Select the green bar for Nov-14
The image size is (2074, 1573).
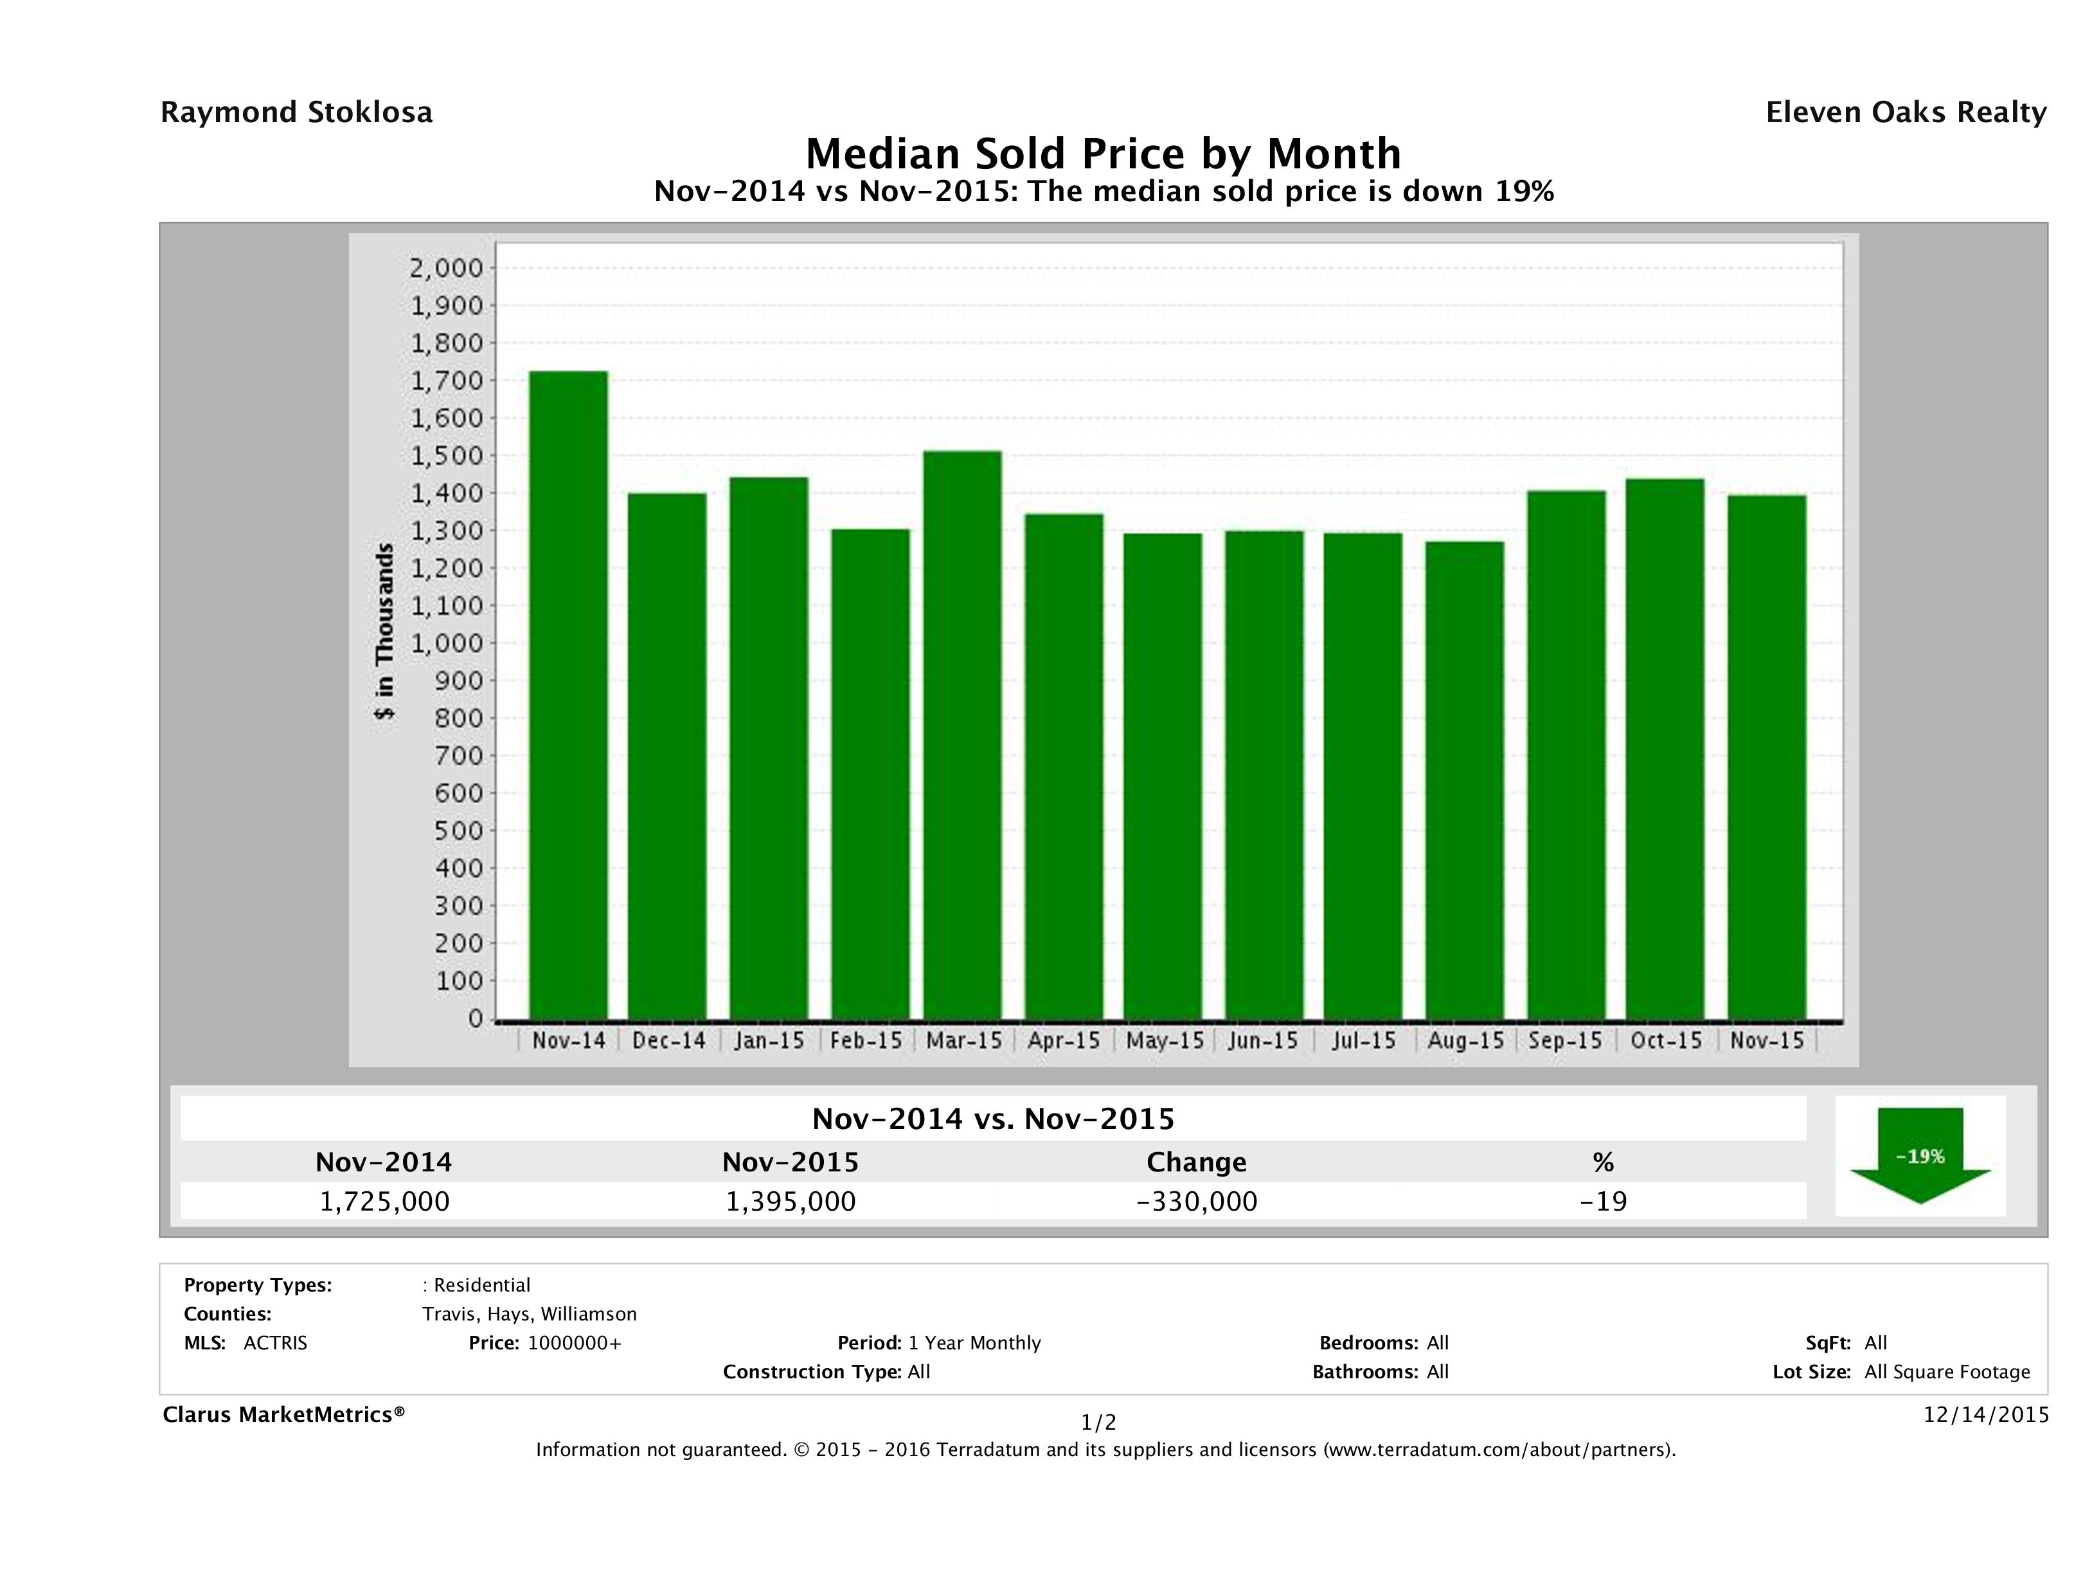568,695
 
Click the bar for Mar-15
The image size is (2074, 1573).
963,735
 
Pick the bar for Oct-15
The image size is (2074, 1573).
1665,749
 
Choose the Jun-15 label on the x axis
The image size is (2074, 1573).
1263,1040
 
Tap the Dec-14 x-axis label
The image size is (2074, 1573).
668,1040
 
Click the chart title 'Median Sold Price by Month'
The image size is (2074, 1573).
1104,153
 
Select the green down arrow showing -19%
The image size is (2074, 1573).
1920,1156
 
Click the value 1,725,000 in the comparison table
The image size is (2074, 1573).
384,1201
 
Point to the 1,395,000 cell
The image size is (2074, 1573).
791,1201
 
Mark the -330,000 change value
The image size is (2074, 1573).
1197,1201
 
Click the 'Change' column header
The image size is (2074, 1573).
1197,1162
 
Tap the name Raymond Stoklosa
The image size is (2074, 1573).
296,112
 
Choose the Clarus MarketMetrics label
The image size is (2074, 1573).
284,1414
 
